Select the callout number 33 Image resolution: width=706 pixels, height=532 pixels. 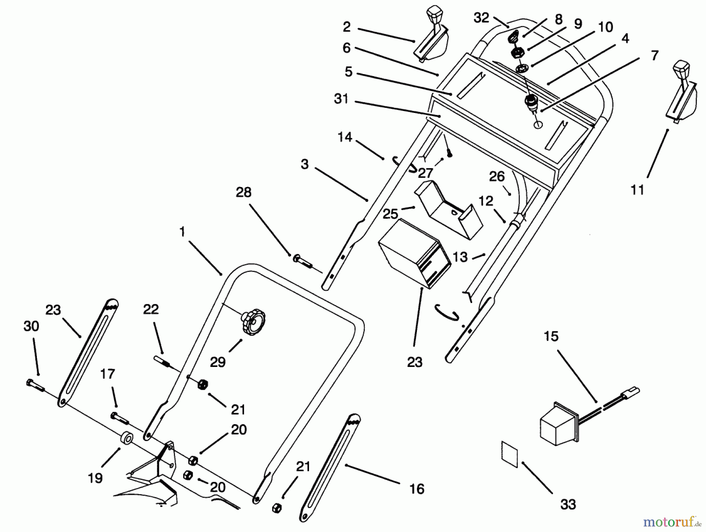(x=568, y=505)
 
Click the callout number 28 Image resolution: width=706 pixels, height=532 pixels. (x=244, y=192)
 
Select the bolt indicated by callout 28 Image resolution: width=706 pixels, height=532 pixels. (x=302, y=260)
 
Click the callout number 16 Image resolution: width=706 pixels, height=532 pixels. (x=417, y=489)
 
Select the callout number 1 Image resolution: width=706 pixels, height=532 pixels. (x=182, y=232)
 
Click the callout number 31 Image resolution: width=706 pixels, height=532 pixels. (x=341, y=99)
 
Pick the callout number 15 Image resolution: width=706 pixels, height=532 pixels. (x=551, y=336)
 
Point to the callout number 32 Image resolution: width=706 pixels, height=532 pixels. (x=481, y=18)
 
